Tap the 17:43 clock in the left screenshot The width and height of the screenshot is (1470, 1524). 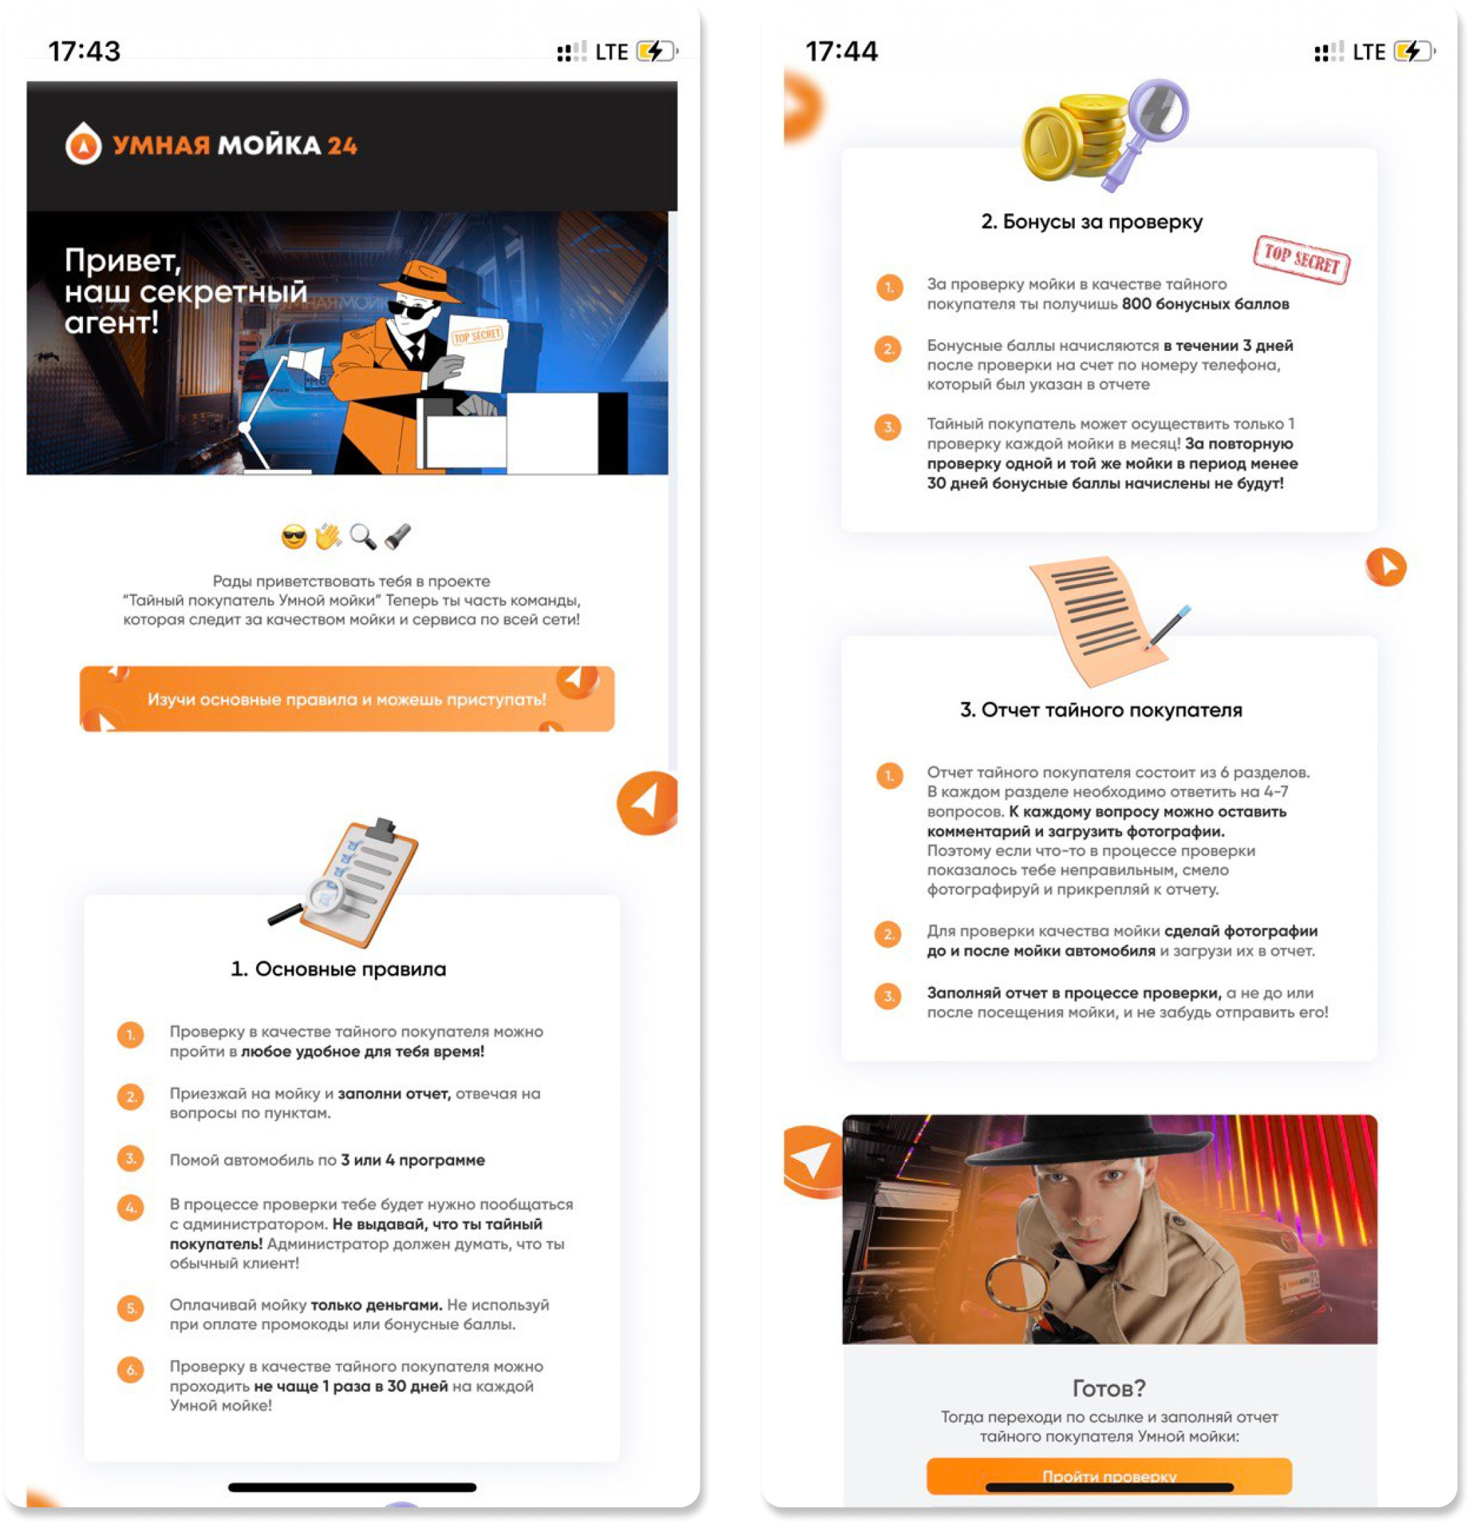[84, 51]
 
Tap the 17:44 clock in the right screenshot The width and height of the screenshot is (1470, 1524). [841, 51]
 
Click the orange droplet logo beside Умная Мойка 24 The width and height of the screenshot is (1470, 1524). [83, 144]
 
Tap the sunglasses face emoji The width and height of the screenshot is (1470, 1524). [294, 536]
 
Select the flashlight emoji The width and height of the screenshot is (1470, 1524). [397, 536]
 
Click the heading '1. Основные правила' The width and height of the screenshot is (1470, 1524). [339, 969]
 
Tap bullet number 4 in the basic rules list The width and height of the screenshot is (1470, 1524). [131, 1208]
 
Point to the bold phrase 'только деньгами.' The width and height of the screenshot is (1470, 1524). [376, 1305]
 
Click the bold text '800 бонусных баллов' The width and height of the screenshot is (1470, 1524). [1205, 304]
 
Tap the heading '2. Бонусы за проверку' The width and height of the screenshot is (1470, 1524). [1091, 221]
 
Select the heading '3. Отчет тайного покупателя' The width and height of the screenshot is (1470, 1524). [1100, 710]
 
